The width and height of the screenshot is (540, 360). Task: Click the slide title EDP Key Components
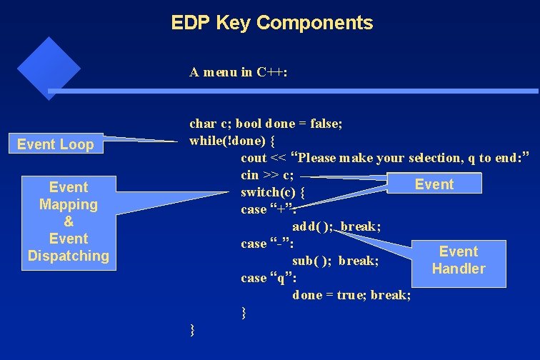point(271,23)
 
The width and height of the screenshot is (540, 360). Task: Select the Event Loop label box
point(55,144)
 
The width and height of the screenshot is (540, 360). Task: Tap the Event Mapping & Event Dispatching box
point(69,221)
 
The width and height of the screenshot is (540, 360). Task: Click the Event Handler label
point(458,260)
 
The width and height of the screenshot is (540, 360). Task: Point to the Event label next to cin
point(434,184)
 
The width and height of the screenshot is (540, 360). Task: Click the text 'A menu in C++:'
point(239,72)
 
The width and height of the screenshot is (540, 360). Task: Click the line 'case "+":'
point(268,210)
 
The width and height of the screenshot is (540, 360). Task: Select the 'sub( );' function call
point(311,261)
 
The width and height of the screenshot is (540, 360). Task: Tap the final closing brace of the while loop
point(191,329)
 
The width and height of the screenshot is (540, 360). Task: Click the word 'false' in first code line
point(326,124)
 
